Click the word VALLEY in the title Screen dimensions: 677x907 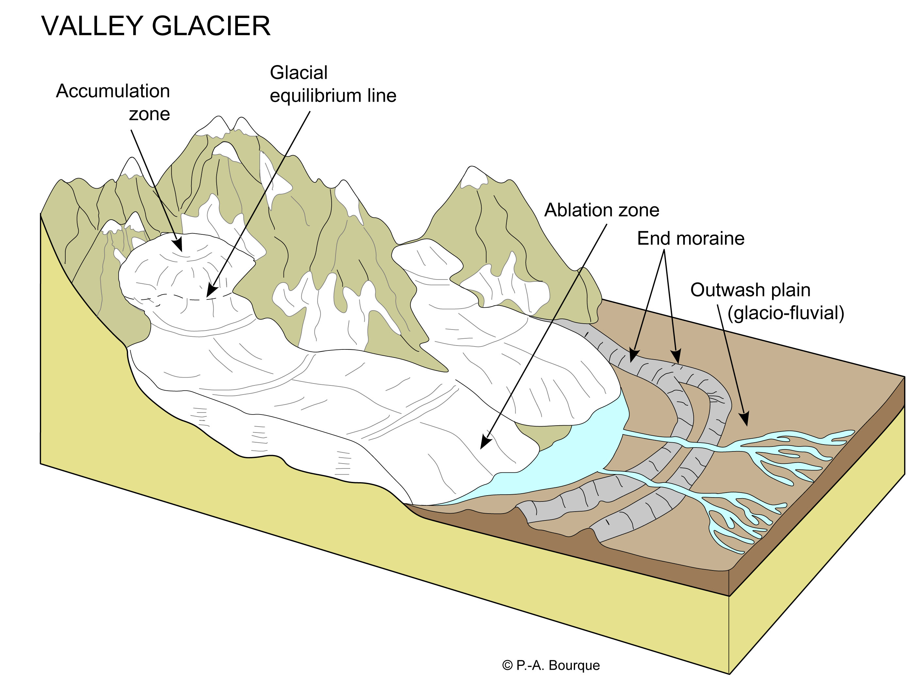click(x=92, y=26)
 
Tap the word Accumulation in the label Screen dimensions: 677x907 click(x=113, y=91)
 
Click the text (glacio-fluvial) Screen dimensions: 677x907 click(x=785, y=313)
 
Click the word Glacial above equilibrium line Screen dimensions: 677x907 click(x=299, y=73)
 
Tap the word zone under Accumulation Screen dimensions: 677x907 click(x=149, y=114)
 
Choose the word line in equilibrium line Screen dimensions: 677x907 click(x=381, y=96)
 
